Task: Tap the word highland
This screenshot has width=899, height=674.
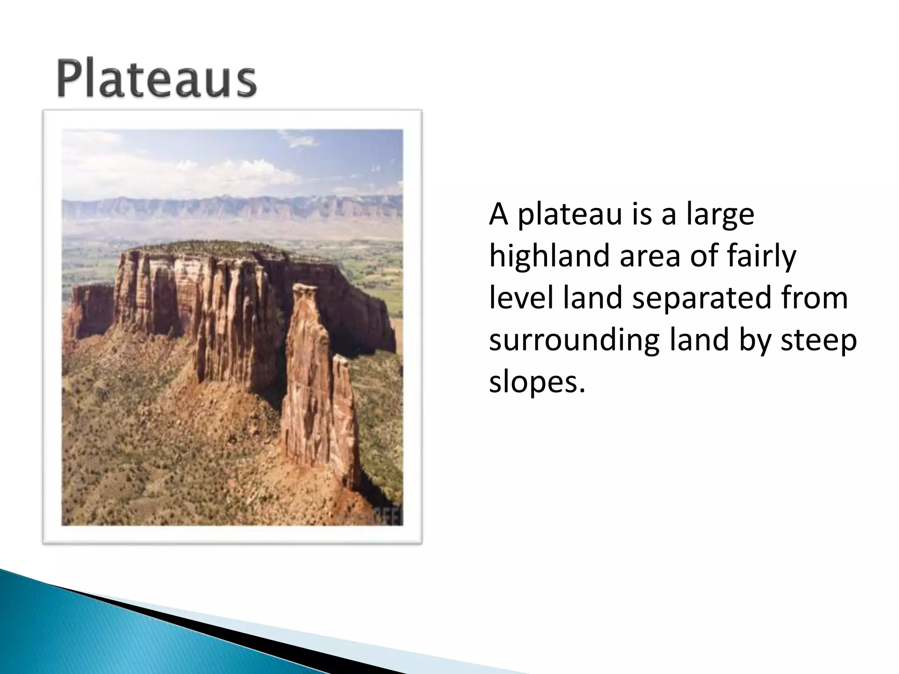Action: (549, 257)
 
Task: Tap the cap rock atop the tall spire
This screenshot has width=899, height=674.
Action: (306, 290)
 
